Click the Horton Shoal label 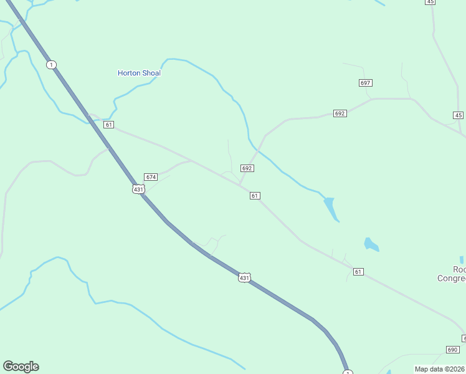pyautogui.click(x=139, y=73)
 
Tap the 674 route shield pyautogui.click(x=150, y=177)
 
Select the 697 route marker pyautogui.click(x=366, y=83)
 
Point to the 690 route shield pyautogui.click(x=452, y=350)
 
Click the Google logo pyautogui.click(x=21, y=367)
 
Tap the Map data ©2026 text pyautogui.click(x=439, y=369)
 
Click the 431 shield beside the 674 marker pyautogui.click(x=138, y=189)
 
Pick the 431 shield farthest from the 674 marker pyautogui.click(x=245, y=277)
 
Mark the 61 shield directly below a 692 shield pyautogui.click(x=255, y=196)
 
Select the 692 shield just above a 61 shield pyautogui.click(x=247, y=168)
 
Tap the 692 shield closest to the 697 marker pyautogui.click(x=340, y=113)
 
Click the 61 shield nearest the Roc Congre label pyautogui.click(x=358, y=272)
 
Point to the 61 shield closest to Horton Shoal pyautogui.click(x=109, y=125)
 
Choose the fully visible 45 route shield pyautogui.click(x=459, y=115)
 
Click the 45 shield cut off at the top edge pyautogui.click(x=430, y=2)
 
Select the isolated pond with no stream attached pyautogui.click(x=371, y=244)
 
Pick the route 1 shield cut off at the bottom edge pyautogui.click(x=348, y=372)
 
